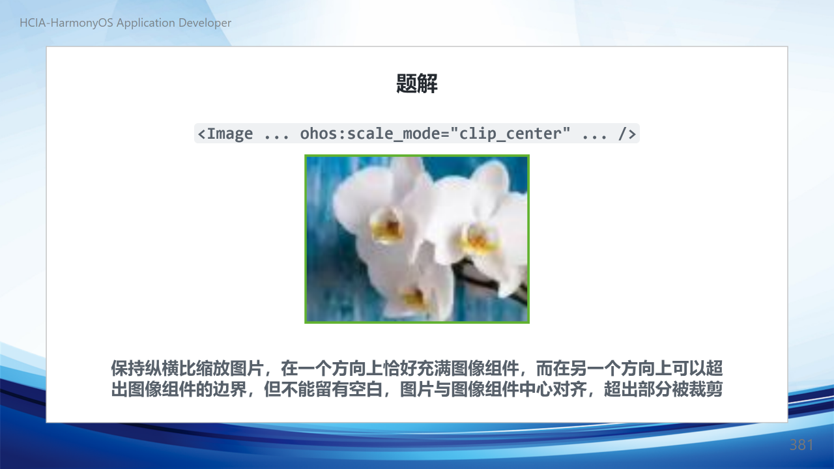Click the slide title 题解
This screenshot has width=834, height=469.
coord(416,83)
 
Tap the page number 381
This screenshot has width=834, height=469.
coord(801,445)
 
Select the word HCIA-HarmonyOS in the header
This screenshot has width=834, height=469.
coord(66,23)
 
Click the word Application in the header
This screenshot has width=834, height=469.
coord(146,23)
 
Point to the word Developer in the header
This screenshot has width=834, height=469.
coord(205,23)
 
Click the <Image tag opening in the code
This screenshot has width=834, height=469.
coord(225,134)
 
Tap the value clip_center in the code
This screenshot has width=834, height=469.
coord(514,134)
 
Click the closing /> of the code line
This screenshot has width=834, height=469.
coord(627,134)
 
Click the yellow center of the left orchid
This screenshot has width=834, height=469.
coord(387,225)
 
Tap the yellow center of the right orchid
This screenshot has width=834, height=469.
coord(478,238)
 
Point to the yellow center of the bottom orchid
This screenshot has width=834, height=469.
coord(413,298)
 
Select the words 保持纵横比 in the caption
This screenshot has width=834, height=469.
coord(153,369)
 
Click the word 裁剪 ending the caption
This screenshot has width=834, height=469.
coord(706,390)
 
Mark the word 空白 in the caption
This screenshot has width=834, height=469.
coord(366,390)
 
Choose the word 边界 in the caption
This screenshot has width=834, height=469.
coord(230,390)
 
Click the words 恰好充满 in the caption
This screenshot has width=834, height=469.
coord(416,369)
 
